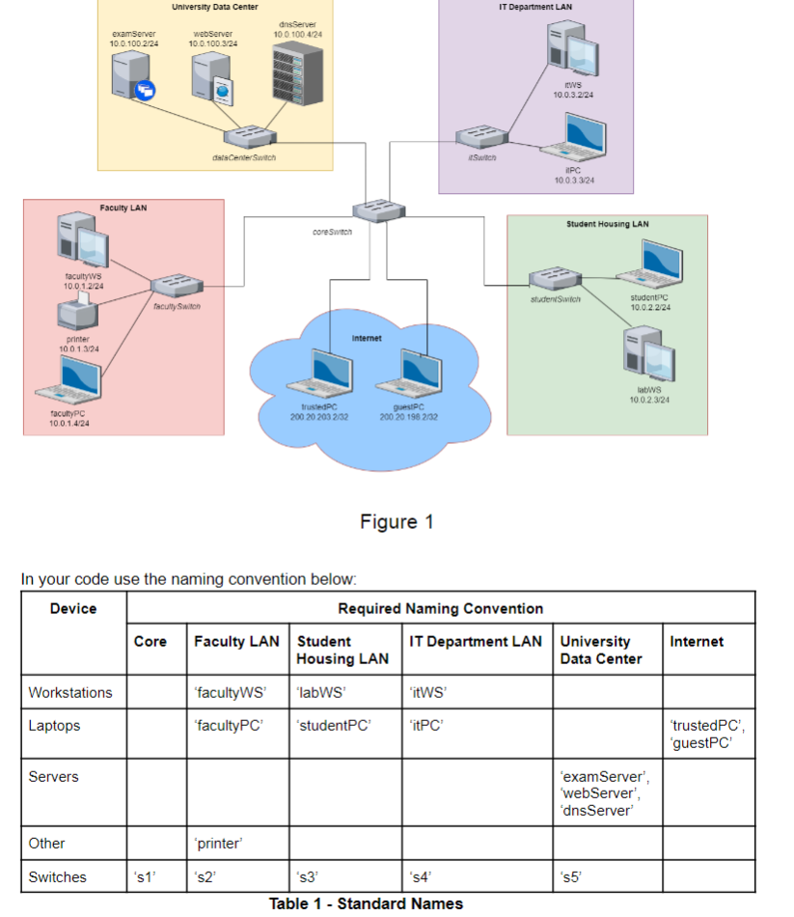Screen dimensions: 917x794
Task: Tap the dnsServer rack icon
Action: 297,69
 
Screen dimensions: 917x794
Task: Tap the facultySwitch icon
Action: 177,286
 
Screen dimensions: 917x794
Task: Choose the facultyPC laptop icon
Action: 69,380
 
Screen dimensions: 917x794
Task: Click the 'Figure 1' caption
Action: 397,522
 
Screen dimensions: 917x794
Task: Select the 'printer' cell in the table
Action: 218,843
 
